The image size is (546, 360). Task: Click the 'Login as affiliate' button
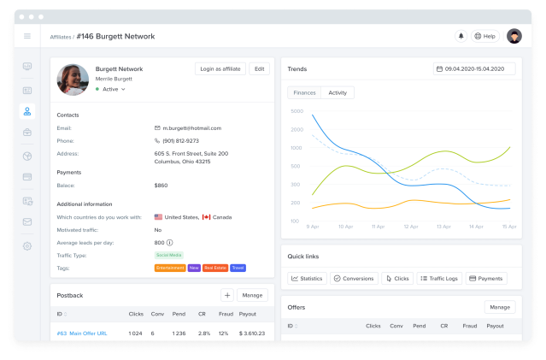tap(220, 68)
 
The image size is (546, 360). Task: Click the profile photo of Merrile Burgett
tap(73, 80)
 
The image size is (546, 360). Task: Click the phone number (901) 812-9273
tap(180, 140)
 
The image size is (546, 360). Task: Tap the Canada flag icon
tap(206, 217)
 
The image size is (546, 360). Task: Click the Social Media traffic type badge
tap(167, 255)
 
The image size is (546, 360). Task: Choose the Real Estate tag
tap(215, 268)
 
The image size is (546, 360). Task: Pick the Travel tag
tap(238, 268)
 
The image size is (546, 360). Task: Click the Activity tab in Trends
tap(338, 92)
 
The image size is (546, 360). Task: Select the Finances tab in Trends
tap(304, 92)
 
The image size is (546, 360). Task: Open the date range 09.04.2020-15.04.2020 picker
tap(474, 68)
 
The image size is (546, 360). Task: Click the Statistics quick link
tap(307, 278)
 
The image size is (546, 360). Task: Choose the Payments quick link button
tap(486, 278)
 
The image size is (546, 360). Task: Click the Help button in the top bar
tap(484, 36)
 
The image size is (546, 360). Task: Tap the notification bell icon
tap(461, 36)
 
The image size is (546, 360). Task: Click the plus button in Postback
tap(227, 295)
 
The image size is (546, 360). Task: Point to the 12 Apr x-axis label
tap(411, 227)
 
